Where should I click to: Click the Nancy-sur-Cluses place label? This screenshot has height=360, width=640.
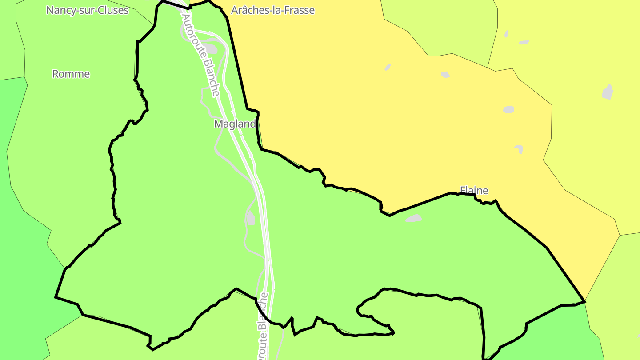87,10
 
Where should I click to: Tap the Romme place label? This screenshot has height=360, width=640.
71,74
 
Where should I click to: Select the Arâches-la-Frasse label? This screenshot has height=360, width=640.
273,10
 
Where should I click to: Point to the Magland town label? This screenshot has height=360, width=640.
235,124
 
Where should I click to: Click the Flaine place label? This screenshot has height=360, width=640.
474,191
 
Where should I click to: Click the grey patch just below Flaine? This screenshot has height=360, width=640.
414,218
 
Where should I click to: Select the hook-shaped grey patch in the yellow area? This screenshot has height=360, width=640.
519,148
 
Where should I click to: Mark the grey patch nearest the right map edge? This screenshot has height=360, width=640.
608,92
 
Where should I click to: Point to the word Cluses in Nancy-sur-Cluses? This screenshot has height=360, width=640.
112,10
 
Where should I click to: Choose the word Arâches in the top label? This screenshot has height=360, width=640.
247,10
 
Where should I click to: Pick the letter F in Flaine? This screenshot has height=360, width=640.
463,191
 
